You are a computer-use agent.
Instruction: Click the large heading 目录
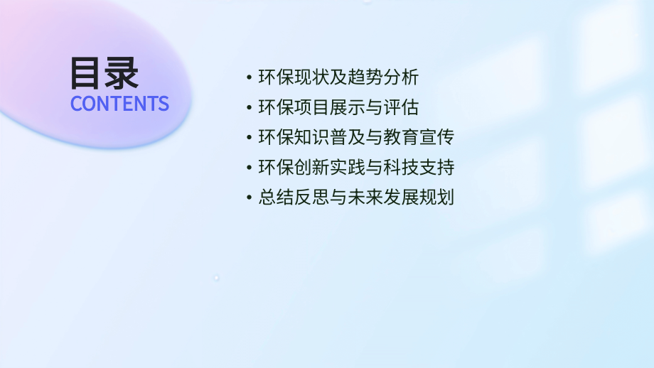pyautogui.click(x=104, y=72)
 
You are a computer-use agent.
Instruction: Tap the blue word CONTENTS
pyautogui.click(x=119, y=104)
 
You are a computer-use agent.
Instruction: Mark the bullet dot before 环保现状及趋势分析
pyautogui.click(x=248, y=77)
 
